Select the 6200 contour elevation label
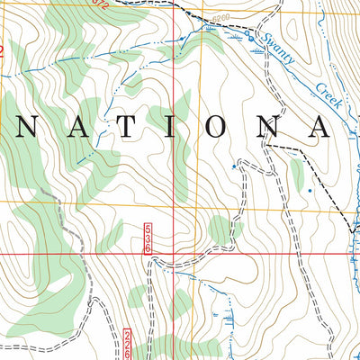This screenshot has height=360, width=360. click(x=221, y=16)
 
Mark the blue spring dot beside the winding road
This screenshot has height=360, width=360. click(x=235, y=166)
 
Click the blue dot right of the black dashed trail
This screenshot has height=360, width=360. click(x=311, y=191)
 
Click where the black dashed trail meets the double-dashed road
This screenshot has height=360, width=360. click(x=264, y=145)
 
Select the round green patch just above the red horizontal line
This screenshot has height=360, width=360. click(x=225, y=230)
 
